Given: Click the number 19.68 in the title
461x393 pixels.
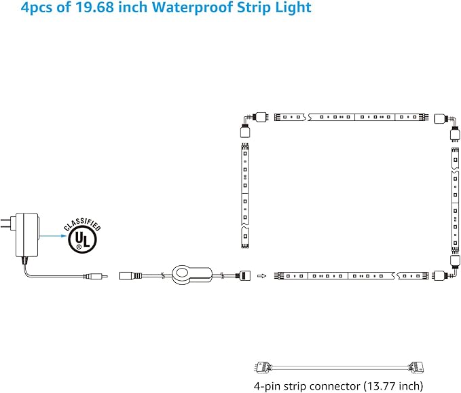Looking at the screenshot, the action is (94, 7).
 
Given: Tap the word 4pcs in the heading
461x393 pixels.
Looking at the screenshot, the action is (37, 8).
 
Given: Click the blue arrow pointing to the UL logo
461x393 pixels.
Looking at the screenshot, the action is (54, 235).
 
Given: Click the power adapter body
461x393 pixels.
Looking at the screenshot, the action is (27, 235).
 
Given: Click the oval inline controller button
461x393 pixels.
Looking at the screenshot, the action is (191, 275).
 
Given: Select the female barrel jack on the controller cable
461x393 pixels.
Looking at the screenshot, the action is (130, 276).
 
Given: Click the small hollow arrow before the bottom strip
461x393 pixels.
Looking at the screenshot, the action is (261, 276).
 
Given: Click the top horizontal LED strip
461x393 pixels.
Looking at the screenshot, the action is (351, 117).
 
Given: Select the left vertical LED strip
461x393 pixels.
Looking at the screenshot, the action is (245, 195).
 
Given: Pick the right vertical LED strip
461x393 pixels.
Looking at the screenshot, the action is (455, 201).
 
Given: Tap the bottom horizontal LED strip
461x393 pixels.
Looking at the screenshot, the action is (351, 276).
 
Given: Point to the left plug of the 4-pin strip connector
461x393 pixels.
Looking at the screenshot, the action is (262, 367).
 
